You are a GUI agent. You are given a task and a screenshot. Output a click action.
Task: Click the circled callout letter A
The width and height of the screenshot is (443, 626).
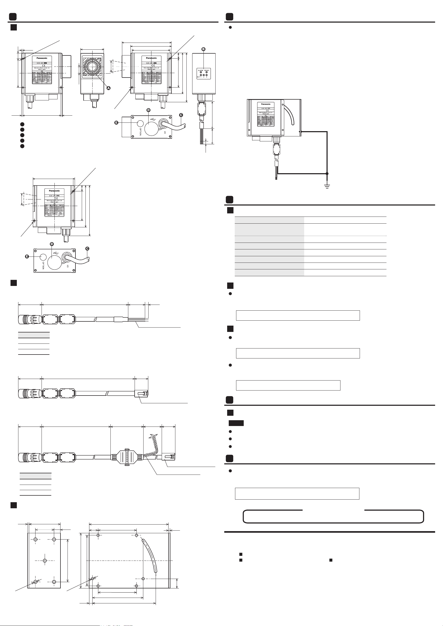point(108,88)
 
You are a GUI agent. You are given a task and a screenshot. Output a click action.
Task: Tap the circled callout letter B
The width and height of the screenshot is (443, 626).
point(203,49)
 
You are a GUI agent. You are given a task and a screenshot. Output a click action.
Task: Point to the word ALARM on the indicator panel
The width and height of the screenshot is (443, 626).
point(201,70)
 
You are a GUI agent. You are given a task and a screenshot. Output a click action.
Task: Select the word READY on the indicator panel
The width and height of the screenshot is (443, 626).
point(207,70)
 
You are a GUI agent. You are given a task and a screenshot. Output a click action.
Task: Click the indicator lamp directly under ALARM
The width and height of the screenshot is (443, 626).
point(201,72)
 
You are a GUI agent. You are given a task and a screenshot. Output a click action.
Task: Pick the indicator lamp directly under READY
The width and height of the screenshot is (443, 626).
point(206,72)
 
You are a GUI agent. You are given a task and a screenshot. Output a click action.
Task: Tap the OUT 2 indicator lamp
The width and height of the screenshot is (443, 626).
point(204,75)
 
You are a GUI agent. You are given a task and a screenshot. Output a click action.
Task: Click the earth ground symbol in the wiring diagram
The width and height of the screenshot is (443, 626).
point(327,187)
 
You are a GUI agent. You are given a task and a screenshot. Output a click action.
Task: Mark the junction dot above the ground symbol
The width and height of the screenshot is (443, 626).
point(327,173)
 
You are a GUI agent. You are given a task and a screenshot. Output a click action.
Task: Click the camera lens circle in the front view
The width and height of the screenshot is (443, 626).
point(92,66)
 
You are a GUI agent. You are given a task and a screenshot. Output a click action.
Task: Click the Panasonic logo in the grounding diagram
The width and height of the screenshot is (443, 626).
point(266,104)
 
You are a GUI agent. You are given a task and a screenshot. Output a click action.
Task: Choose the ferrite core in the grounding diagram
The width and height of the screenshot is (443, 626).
point(277,150)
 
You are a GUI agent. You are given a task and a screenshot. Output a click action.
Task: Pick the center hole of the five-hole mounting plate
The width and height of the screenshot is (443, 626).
point(45,561)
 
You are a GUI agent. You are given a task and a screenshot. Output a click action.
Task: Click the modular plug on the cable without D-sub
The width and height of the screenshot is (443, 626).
point(141,394)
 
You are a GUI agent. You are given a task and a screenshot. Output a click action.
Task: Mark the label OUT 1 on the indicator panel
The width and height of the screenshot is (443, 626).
point(199,77)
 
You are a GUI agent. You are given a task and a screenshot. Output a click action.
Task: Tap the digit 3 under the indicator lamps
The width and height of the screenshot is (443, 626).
point(207,77)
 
